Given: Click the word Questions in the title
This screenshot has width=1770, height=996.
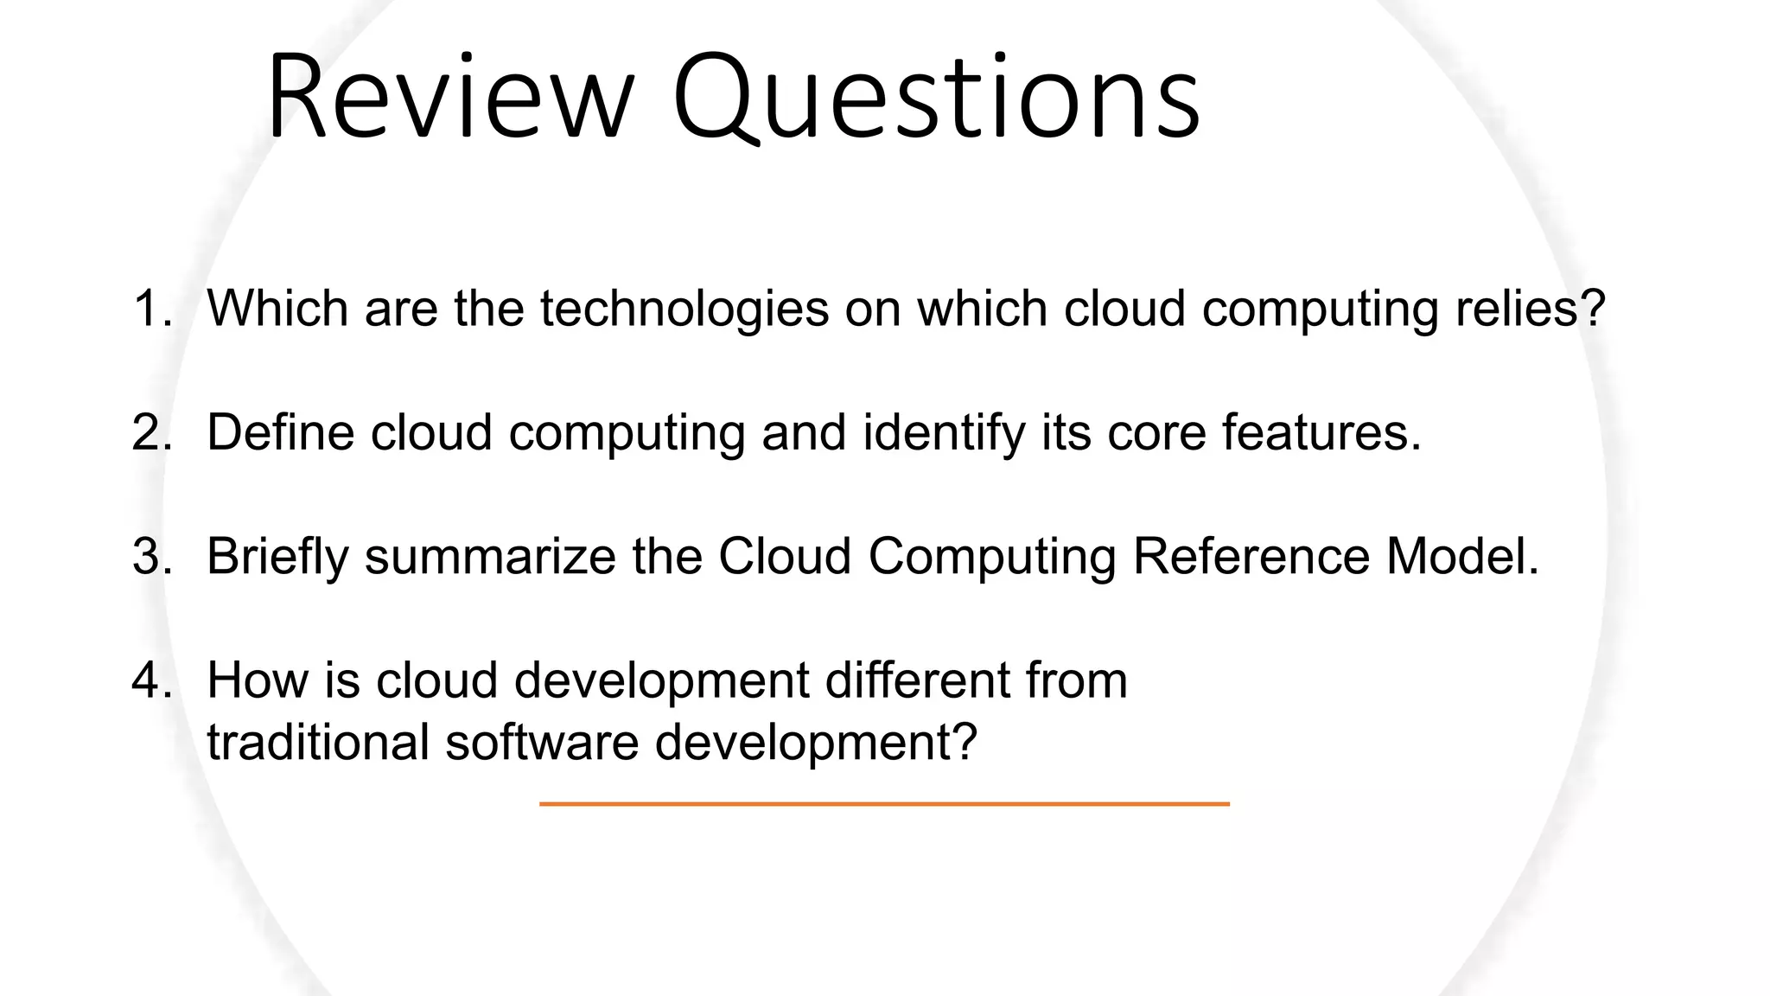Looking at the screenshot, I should [x=936, y=97].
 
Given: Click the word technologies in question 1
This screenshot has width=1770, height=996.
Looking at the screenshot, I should [x=684, y=309].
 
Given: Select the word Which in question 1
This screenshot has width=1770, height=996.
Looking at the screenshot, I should [x=277, y=309].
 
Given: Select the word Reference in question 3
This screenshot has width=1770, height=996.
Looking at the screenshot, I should [x=1251, y=556].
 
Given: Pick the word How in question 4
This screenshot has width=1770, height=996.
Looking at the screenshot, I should [x=257, y=680].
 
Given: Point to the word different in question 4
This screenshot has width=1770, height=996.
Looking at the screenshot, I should [x=918, y=680].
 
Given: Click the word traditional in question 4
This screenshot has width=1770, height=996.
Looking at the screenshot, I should [x=318, y=743].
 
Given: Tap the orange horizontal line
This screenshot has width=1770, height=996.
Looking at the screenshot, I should [x=884, y=804].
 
